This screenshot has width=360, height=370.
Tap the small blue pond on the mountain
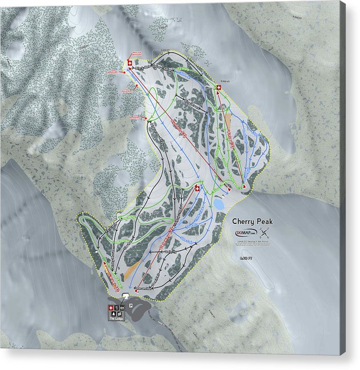(x=218, y=203)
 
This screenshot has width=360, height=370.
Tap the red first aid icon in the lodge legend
(x=110, y=308)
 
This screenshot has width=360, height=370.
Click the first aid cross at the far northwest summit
(x=129, y=62)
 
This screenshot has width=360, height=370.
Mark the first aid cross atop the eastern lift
(x=219, y=87)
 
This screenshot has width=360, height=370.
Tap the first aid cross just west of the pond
(x=197, y=188)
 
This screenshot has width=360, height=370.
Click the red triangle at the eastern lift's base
(x=244, y=187)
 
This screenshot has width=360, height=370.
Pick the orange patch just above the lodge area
(x=131, y=269)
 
